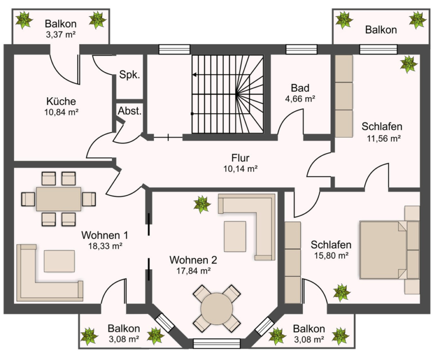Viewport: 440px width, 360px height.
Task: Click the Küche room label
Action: click(x=61, y=101)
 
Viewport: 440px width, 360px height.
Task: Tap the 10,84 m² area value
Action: click(x=61, y=112)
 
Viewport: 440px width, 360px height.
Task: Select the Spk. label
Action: click(x=130, y=75)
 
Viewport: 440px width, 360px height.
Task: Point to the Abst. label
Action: click(x=130, y=111)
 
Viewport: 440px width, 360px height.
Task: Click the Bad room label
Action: click(x=300, y=88)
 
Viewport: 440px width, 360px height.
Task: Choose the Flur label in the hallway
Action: click(x=240, y=158)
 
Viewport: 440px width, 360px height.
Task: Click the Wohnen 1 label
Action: click(x=105, y=235)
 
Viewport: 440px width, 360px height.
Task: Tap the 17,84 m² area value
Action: click(x=194, y=271)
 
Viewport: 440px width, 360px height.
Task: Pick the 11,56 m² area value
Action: click(x=384, y=139)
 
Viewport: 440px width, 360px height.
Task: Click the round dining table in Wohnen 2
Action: click(x=217, y=309)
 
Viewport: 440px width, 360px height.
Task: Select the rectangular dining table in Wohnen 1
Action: click(x=59, y=199)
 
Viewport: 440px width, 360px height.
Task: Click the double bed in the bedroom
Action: click(x=383, y=250)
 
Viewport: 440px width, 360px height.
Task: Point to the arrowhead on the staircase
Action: click(x=194, y=75)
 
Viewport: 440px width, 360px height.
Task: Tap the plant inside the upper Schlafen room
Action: click(x=409, y=64)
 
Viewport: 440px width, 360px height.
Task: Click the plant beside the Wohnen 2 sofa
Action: click(x=202, y=204)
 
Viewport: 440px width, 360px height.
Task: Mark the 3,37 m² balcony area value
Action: click(x=61, y=35)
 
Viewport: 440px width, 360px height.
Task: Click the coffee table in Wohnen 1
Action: click(x=59, y=261)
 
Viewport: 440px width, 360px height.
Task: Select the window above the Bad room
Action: click(x=301, y=50)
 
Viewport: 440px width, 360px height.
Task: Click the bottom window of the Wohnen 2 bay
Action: click(x=217, y=344)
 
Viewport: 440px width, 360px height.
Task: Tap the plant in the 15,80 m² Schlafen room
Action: click(x=342, y=293)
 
